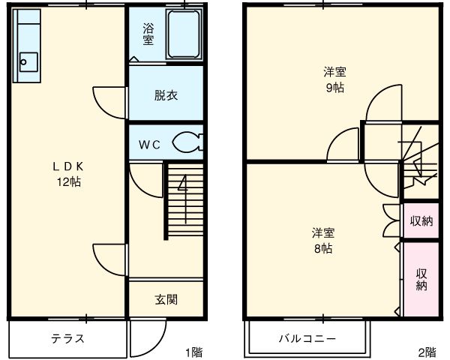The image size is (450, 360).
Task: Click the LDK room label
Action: pyautogui.click(x=67, y=166)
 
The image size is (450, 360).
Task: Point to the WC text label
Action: pyautogui.click(x=149, y=145)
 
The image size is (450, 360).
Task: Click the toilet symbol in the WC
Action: pyautogui.click(x=186, y=142)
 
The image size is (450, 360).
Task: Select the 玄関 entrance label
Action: pyautogui.click(x=166, y=300)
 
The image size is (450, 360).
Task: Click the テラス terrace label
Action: pyautogui.click(x=67, y=338)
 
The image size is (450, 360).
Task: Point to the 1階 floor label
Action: pyautogui.click(x=193, y=351)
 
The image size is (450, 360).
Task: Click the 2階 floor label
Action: pyautogui.click(x=426, y=351)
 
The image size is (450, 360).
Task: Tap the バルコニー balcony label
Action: pyautogui.click(x=307, y=338)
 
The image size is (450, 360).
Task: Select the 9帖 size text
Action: pyautogui.click(x=334, y=87)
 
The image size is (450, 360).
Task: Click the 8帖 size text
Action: pyautogui.click(x=323, y=248)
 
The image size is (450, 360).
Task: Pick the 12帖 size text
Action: pyautogui.click(x=67, y=182)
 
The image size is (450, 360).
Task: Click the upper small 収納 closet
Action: pyautogui.click(x=420, y=221)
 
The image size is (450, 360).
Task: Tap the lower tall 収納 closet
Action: pyautogui.click(x=421, y=278)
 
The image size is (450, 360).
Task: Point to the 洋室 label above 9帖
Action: pyautogui.click(x=334, y=72)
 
